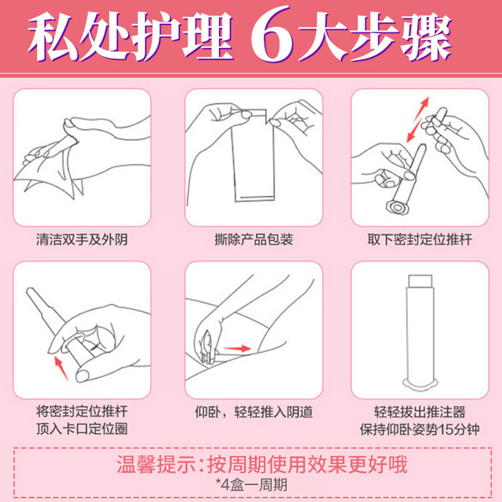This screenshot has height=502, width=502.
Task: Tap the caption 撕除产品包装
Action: (254, 240)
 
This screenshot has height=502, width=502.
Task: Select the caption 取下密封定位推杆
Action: (419, 240)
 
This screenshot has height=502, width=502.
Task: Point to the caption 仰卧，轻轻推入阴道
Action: (254, 412)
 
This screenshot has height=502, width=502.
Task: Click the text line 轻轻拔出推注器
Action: (419, 412)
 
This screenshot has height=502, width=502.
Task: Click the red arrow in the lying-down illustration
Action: (237, 346)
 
